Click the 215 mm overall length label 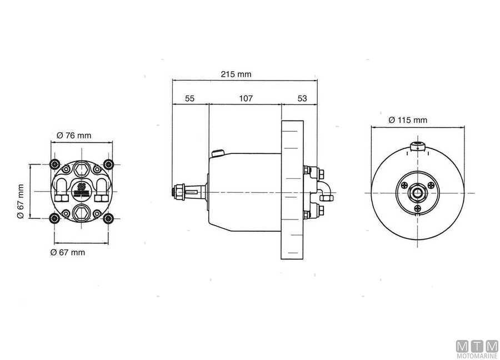236,74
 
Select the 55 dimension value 189,98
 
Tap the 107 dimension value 246,98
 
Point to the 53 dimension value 302,98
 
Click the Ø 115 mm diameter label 408,120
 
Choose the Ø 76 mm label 74,136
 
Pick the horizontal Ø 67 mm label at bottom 68,252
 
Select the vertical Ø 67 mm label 20,201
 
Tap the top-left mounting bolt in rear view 55,164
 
